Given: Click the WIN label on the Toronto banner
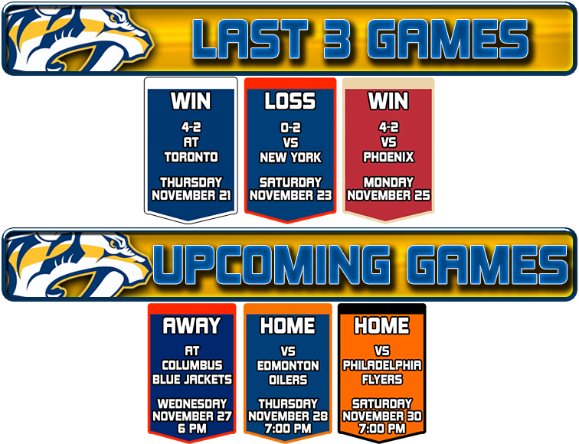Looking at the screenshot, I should point(191,100).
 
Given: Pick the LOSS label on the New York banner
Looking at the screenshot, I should point(290,100).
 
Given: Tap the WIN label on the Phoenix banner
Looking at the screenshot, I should point(388,100).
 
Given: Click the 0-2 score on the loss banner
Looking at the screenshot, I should point(290,128).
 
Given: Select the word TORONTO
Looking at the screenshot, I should point(191,157).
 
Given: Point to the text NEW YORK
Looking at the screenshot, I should point(290,157).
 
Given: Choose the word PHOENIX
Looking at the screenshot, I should point(388,157).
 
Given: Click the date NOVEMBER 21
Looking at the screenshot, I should point(191,194).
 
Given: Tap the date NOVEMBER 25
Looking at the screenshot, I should point(388,194).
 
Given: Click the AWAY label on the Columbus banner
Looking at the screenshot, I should point(191,325).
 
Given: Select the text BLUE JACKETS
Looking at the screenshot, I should point(191,379).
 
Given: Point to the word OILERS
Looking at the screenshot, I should point(288,380).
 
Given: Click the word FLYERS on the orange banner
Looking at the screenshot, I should point(381,379).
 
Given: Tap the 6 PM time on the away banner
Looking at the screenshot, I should point(191,429).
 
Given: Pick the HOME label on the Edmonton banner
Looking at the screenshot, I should point(288,325).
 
